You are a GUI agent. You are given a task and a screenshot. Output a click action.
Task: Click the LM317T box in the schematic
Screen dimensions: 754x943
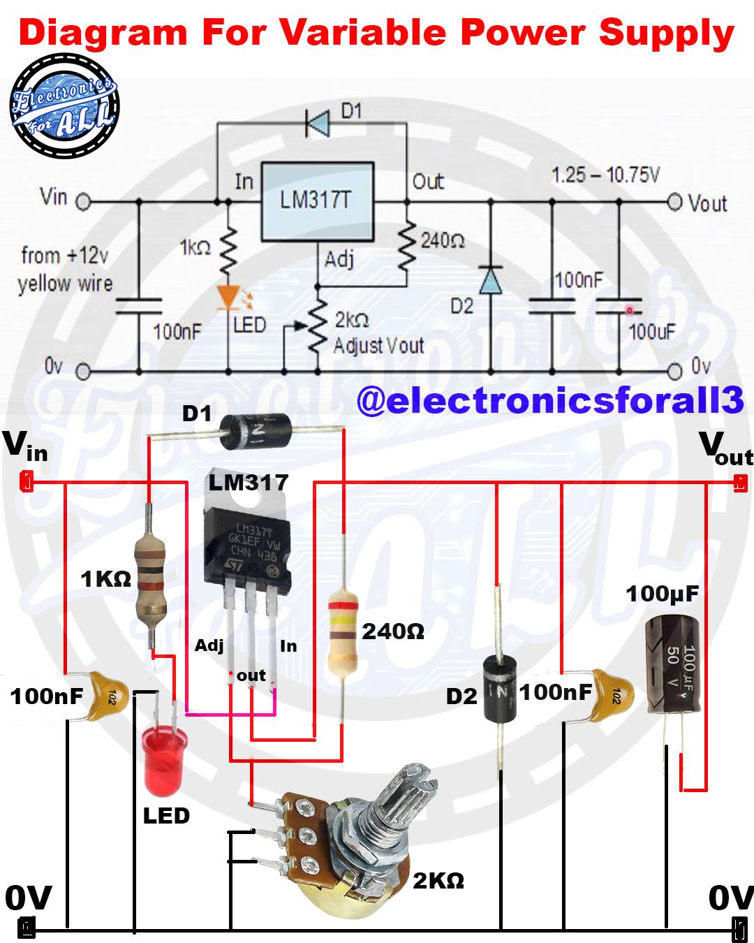point(318,202)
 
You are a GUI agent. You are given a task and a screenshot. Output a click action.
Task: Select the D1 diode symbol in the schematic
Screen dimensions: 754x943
point(318,124)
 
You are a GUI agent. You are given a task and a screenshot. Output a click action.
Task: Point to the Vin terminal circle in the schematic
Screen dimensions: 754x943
point(83,203)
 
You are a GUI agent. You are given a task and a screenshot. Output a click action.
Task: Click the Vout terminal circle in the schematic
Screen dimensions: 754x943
point(674,203)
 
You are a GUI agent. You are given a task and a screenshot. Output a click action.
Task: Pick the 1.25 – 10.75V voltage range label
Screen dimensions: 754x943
point(605,175)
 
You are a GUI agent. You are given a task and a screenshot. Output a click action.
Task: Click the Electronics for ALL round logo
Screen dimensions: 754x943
point(64,105)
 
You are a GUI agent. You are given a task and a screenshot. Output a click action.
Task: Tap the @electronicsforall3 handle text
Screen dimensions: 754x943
point(551,400)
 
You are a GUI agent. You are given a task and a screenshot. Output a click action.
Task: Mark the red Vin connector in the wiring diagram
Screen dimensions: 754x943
point(27,481)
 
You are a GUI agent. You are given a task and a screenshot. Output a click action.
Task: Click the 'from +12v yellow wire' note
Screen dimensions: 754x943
point(65,270)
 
